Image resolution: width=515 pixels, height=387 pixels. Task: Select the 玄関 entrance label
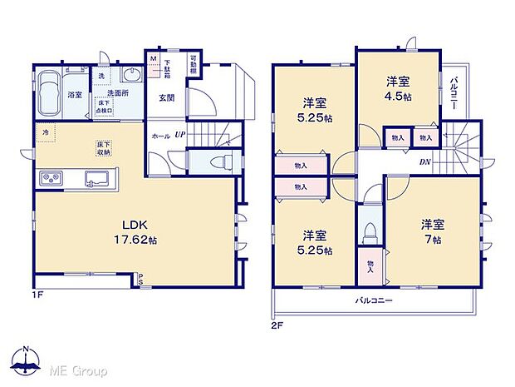click(167, 97)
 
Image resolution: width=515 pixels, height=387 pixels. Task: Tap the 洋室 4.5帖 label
click(398, 88)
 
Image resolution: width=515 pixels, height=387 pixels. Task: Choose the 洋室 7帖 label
click(430, 230)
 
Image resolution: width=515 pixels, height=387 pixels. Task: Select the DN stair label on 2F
click(424, 161)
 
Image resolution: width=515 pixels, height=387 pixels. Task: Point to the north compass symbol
click(27, 364)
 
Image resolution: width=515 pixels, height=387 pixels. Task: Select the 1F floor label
click(37, 295)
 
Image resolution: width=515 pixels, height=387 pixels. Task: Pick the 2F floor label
click(277, 325)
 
